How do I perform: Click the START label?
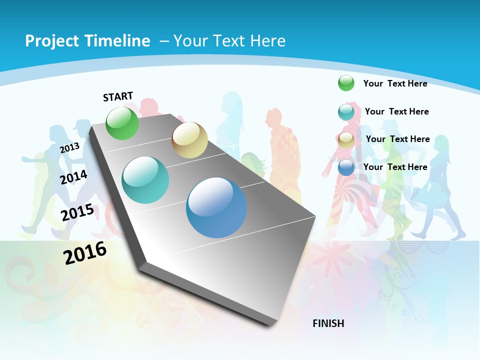118,96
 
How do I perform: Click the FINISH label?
328,323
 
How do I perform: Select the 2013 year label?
69,148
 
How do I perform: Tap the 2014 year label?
74,177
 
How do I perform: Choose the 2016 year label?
85,253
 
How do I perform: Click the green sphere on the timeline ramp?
122,123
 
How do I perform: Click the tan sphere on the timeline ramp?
189,140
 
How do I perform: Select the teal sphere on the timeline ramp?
145,180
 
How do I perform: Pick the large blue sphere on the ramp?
216,207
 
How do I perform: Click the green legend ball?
346,83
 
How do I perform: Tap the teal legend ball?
346,112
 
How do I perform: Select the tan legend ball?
346,140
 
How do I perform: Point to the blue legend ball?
346,167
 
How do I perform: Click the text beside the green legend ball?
395,83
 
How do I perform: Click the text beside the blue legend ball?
395,167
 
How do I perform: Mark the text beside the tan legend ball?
397,139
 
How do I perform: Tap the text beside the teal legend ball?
396,111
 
